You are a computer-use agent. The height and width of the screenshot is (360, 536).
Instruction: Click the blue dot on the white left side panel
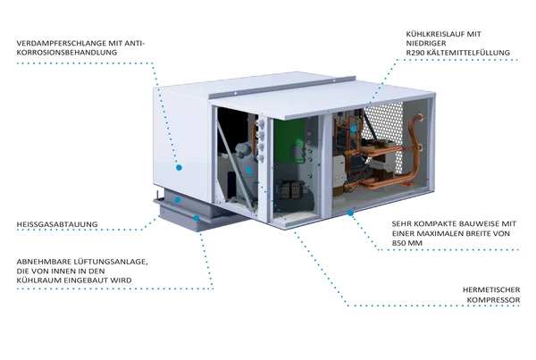[x=180, y=167]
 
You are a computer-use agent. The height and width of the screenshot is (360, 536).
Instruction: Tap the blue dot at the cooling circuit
[x=355, y=130]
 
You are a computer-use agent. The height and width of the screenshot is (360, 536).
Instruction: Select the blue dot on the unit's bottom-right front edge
[x=351, y=212]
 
